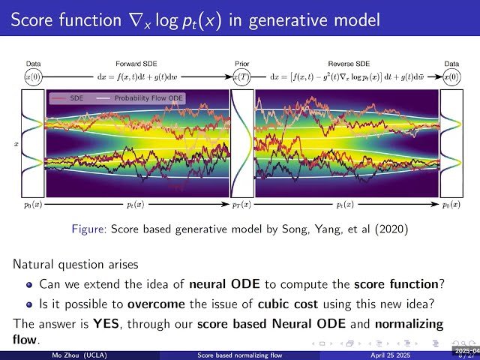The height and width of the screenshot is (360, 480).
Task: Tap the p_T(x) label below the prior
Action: click(241, 204)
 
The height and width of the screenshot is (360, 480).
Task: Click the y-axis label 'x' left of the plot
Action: click(17, 140)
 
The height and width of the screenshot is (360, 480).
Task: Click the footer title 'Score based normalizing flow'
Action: click(241, 354)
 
